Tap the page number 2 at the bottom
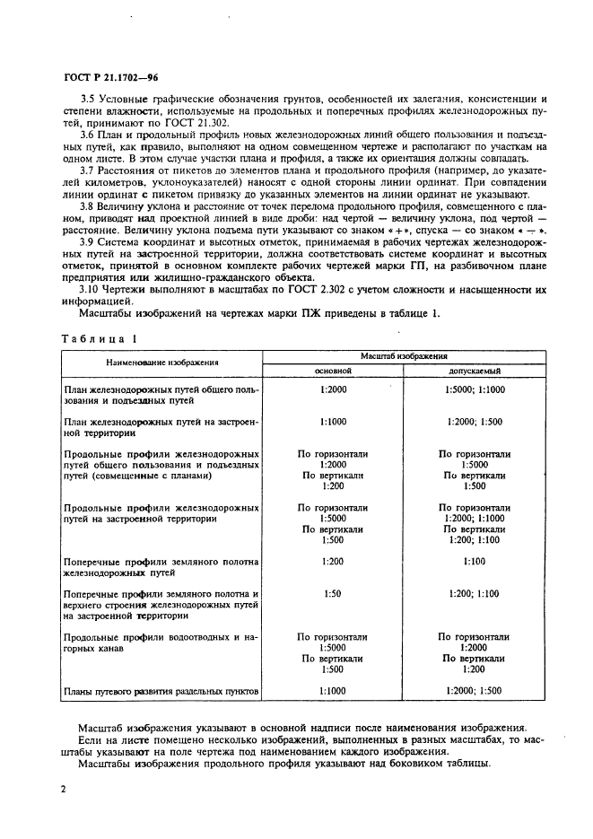(64, 788)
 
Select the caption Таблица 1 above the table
(99, 340)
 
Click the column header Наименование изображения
(161, 363)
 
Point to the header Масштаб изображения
(404, 356)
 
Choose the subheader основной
(332, 370)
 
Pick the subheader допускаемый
(475, 370)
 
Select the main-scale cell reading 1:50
(332, 593)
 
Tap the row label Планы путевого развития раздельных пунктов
(161, 692)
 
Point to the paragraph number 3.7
(88, 170)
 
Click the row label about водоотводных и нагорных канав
(161, 643)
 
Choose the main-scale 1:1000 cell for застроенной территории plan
(332, 421)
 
